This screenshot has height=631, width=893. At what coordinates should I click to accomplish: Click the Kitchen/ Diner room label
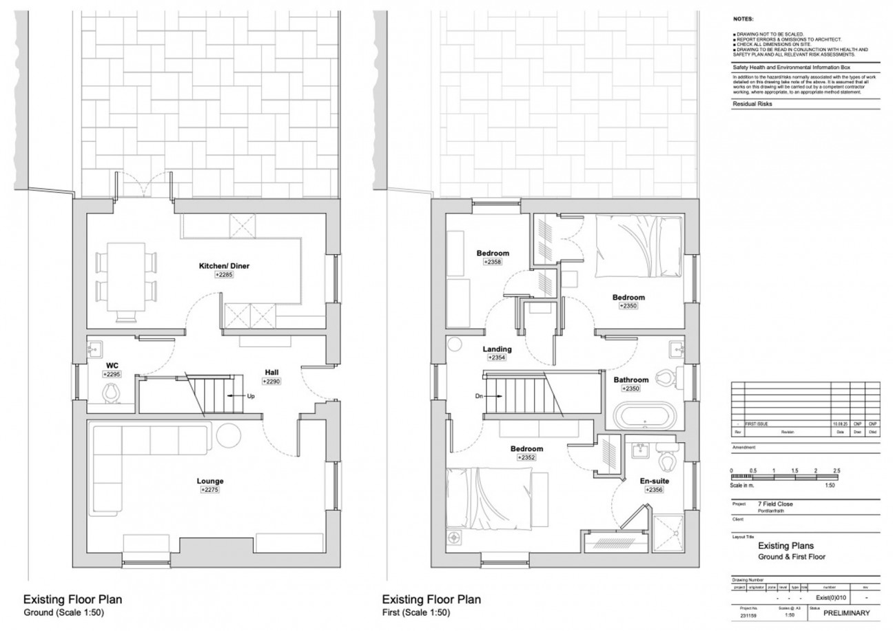coord(224,265)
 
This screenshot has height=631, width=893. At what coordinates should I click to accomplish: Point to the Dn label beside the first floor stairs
coord(478,396)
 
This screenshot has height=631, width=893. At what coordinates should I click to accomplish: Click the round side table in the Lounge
coord(229,435)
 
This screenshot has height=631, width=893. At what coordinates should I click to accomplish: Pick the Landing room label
coord(497,349)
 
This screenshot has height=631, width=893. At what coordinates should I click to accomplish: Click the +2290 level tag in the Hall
coord(271,381)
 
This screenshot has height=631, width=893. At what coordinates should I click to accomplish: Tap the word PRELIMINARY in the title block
coord(846,613)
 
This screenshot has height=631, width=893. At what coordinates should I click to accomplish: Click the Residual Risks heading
coord(752,104)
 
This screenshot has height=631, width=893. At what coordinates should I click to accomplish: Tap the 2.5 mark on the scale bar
coord(836,470)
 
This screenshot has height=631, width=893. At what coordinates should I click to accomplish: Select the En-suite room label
coord(655,481)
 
